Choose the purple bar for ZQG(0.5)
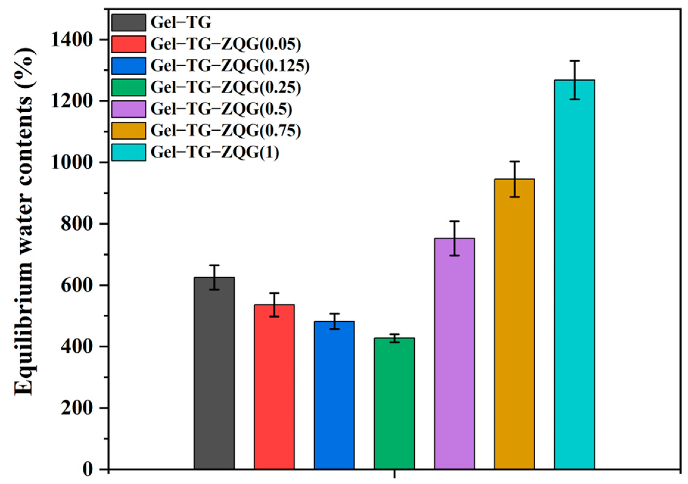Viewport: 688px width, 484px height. (454, 353)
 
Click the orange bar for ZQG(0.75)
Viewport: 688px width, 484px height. (514, 324)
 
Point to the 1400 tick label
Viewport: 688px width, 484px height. (75, 40)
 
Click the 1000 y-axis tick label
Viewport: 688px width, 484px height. (75, 163)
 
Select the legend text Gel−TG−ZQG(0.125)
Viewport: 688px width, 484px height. (230, 66)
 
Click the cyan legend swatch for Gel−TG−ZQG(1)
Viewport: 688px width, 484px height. (129, 152)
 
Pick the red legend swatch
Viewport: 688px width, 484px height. (129, 44)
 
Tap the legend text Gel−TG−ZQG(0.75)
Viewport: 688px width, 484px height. (226, 131)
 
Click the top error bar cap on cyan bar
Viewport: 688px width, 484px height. (574, 61)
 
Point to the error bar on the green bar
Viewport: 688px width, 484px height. (394, 338)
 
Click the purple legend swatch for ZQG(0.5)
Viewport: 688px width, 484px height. (129, 109)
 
